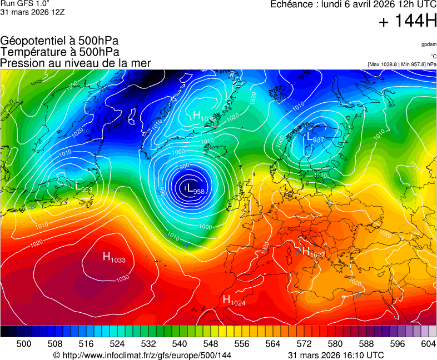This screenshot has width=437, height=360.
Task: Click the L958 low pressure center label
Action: [195, 189]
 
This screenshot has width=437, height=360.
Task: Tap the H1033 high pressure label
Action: [113, 257]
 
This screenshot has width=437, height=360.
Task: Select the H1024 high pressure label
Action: [234, 301]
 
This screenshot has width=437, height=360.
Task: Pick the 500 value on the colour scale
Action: [23, 344]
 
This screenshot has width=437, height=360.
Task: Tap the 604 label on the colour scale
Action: [429, 344]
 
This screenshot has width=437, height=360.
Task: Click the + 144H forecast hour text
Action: [408, 22]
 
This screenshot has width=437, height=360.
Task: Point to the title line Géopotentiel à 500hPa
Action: [59, 41]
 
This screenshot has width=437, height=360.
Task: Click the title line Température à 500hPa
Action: [59, 52]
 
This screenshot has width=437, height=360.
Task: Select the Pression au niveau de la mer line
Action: [76, 63]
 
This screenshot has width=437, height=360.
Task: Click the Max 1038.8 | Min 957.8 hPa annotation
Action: [402, 64]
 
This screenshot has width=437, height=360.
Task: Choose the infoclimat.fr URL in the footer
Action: [142, 355]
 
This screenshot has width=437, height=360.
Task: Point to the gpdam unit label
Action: [429, 44]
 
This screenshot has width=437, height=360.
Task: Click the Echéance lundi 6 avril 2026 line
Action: [353, 4]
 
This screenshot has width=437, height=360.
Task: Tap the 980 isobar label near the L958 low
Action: [185, 167]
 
